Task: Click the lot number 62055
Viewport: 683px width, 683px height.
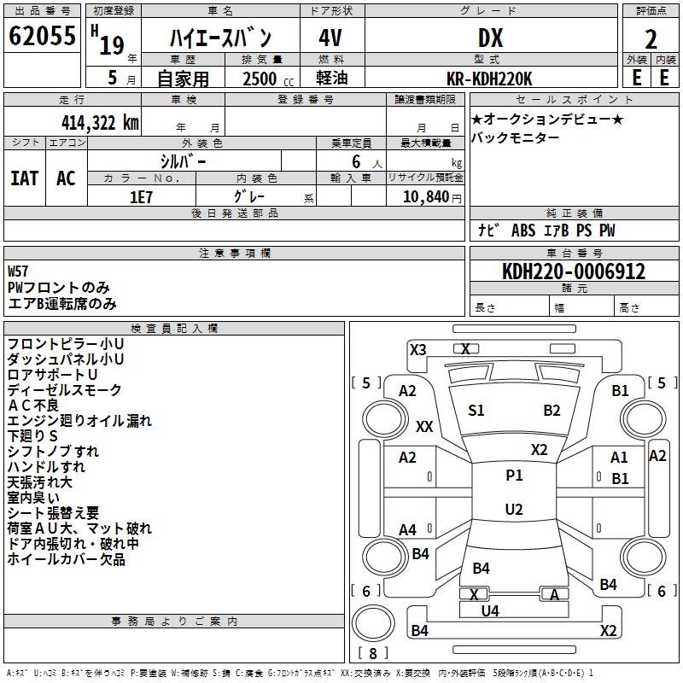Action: [42, 36]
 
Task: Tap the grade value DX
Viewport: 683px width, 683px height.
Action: [490, 38]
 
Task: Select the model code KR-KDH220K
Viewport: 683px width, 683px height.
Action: [489, 79]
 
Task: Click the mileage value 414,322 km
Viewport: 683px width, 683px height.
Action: [100, 123]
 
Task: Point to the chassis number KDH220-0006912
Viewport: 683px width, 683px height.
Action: [574, 271]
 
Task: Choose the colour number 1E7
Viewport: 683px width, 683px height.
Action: [141, 197]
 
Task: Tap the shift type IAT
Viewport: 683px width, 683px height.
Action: [25, 178]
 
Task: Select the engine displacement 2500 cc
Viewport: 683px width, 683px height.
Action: [268, 79]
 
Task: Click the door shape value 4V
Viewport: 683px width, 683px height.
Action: [330, 38]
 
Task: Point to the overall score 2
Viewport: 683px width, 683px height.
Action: [651, 39]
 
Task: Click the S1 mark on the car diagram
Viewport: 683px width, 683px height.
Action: [476, 411]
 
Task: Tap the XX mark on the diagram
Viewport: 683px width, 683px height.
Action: [424, 426]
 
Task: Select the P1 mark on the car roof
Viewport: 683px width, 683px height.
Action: [514, 476]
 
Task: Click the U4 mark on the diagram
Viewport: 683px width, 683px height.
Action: [490, 611]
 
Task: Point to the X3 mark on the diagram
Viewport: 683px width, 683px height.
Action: [417, 350]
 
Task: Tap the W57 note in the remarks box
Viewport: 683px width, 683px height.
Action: [18, 271]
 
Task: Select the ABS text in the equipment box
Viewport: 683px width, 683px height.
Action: [523, 231]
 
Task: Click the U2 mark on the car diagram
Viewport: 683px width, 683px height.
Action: [514, 509]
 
